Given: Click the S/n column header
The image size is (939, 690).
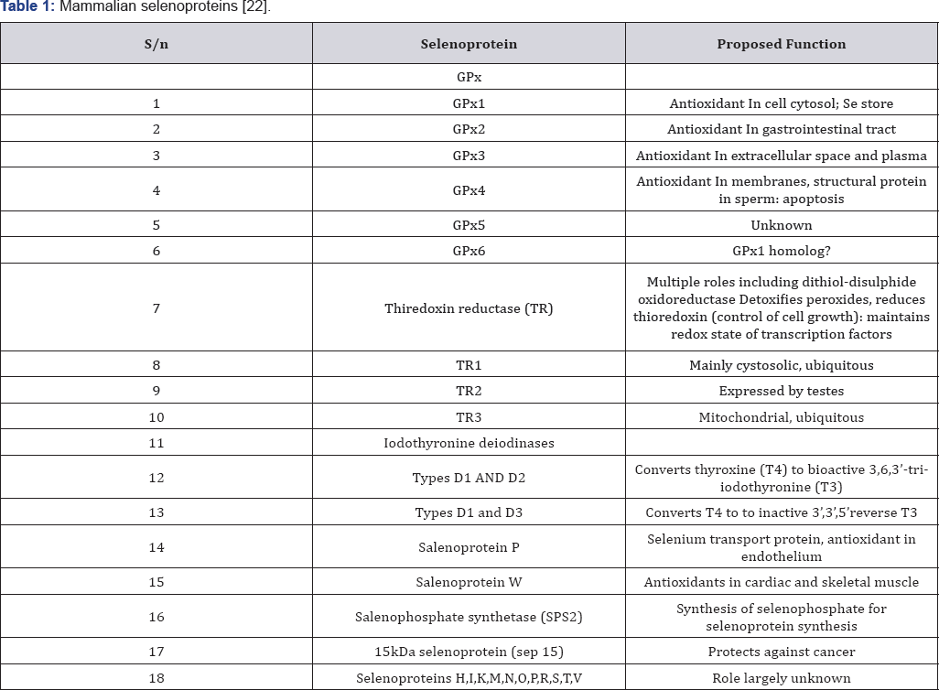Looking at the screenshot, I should click(156, 44).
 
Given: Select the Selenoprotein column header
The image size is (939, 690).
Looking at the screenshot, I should click(469, 44).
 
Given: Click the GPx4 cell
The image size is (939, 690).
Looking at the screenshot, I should click(469, 190).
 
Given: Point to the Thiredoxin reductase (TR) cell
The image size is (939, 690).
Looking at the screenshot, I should click(469, 308).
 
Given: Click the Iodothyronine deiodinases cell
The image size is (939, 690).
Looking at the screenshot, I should click(469, 444).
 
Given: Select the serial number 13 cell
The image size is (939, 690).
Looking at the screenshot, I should click(156, 512).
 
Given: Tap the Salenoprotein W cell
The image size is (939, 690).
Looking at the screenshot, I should click(469, 582).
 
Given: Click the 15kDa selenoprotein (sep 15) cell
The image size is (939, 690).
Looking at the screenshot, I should click(469, 652).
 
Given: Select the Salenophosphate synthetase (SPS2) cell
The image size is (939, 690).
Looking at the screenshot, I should click(469, 617).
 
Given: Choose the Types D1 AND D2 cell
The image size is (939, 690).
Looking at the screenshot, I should click(469, 478).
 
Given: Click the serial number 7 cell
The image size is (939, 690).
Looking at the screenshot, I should click(156, 308).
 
